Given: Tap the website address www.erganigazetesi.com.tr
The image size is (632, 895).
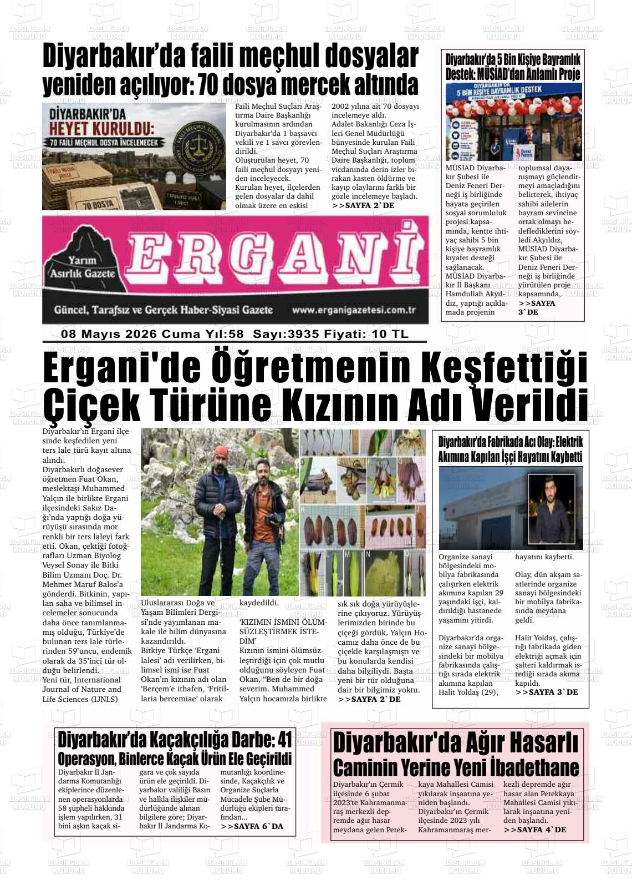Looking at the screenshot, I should pos(354,310).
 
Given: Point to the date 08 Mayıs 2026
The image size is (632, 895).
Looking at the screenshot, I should pos(109,334).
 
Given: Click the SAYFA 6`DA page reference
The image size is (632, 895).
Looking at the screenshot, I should pos(252,827).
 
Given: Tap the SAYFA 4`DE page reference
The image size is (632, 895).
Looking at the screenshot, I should pos(534,830).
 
